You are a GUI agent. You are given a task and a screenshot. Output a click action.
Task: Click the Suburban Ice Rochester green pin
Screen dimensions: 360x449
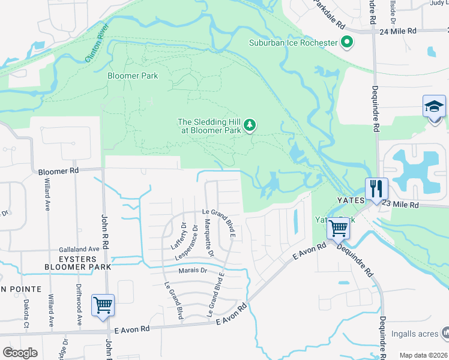coord(346,42)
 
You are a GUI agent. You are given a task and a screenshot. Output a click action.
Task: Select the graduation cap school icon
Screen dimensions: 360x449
coord(434,107)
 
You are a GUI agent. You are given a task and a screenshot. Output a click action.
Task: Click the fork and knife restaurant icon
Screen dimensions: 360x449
coord(376,189)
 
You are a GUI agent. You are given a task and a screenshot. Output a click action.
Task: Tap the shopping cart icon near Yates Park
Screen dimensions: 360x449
coord(338,228)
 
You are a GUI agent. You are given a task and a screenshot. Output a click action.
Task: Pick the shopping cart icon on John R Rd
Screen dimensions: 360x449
coord(103,305)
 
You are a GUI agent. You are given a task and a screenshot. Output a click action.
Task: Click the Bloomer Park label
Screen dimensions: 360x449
coord(133,76)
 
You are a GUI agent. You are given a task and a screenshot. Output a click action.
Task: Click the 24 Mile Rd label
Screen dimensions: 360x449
coord(398,30)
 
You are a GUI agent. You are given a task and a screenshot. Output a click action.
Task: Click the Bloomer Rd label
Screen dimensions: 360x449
coord(58,171)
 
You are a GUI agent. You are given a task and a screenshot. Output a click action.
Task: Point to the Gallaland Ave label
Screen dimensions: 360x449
coord(79,249)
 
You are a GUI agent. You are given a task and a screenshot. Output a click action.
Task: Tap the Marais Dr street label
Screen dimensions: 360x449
coord(193,271)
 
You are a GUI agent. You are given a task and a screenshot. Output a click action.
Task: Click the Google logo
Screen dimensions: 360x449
coord(20,353)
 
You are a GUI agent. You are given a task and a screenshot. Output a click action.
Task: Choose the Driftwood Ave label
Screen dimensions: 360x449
coord(79,305)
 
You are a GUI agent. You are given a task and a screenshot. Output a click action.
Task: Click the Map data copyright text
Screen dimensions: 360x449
coord(423,355)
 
